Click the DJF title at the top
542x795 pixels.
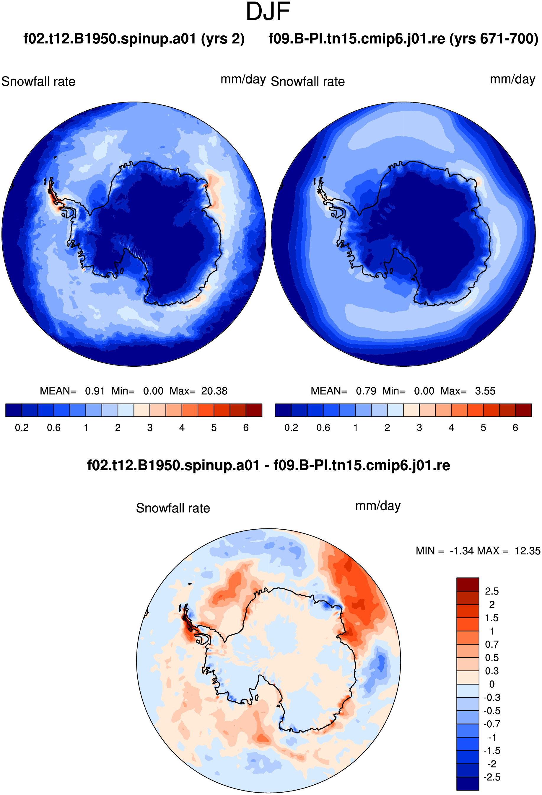[x=268, y=12]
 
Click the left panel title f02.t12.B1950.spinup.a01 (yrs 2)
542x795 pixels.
[x=134, y=39]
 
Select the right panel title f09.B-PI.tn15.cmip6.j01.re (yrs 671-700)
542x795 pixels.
[x=403, y=39]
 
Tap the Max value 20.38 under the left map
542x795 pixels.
[x=214, y=391]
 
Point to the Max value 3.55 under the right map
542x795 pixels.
[x=485, y=391]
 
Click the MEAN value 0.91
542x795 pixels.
[x=95, y=391]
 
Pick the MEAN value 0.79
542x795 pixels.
[x=366, y=391]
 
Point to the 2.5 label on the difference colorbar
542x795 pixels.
[x=492, y=591]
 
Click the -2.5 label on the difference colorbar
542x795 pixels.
[x=492, y=777]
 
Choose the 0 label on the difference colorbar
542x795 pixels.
[x=492, y=684]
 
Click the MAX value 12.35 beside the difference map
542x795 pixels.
[x=527, y=551]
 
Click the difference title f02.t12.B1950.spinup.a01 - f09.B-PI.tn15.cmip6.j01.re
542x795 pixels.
[x=268, y=466]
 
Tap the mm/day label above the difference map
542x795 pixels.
[x=378, y=506]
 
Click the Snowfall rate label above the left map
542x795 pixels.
[x=38, y=81]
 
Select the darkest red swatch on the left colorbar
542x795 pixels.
[x=254, y=410]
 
